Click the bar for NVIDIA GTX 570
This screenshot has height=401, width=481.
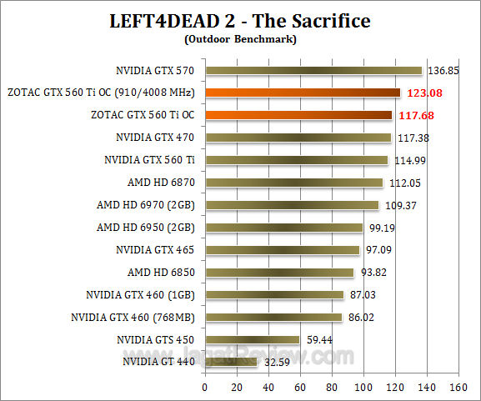(313, 70)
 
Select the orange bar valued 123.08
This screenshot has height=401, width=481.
(303, 93)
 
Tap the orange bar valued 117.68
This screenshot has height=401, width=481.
(298, 115)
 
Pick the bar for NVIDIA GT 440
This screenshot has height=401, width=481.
(231, 362)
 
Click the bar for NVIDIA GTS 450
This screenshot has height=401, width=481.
(253, 339)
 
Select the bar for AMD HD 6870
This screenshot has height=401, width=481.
(293, 183)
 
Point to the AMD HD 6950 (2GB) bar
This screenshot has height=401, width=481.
(283, 227)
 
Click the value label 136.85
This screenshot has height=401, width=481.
(443, 71)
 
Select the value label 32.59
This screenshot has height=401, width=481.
(278, 363)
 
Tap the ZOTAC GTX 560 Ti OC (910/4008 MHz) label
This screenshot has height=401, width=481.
(101, 93)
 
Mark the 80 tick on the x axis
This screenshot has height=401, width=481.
(332, 387)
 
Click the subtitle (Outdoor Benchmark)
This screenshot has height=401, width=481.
(240, 38)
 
